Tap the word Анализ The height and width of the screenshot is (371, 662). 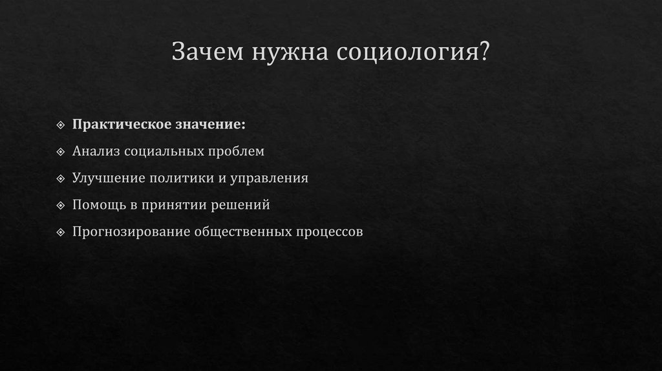[94, 151]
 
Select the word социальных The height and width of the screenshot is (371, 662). [162, 151]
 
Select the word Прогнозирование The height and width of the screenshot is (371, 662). [131, 231]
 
